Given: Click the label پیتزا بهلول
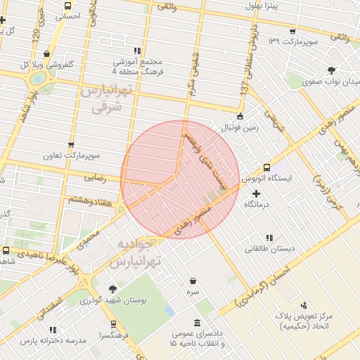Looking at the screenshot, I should click(263, 6).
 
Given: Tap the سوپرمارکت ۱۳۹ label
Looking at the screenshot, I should click(294, 41).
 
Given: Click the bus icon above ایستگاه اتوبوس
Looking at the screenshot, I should click(266, 167).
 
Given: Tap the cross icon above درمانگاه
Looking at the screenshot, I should click(256, 193).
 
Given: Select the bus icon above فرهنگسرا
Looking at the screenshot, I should click(113, 324).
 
